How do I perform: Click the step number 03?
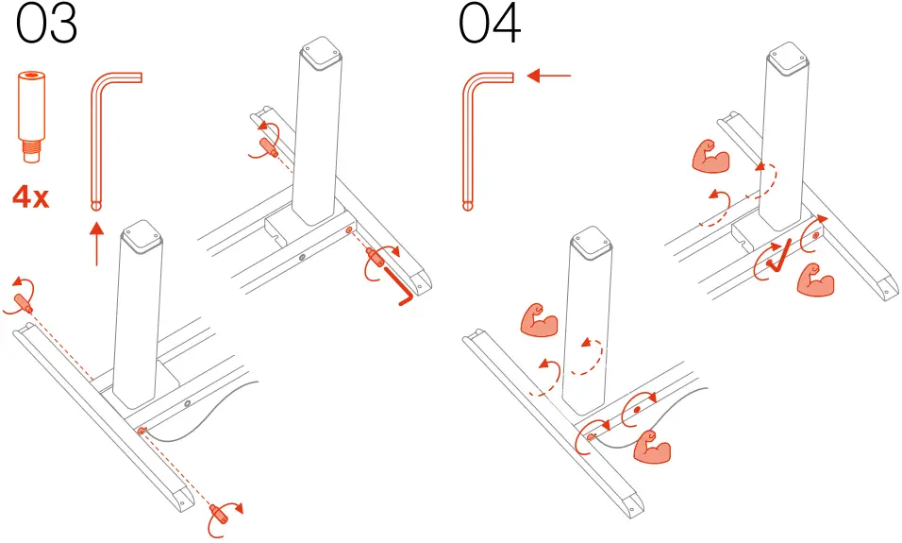[x=46, y=25]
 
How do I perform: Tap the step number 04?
[x=490, y=25]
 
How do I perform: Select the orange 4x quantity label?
[x=32, y=198]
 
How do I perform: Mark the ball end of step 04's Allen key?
[x=468, y=201]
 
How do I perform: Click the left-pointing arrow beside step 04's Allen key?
[x=548, y=76]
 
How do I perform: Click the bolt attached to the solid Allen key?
[x=376, y=256]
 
